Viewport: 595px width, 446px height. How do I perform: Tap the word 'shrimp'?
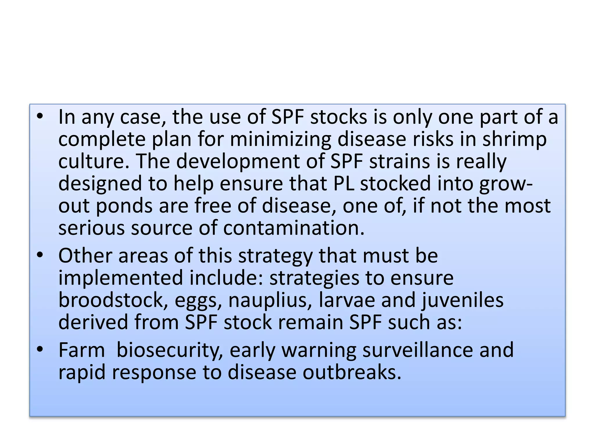point(515,139)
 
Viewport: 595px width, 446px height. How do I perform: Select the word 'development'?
point(238,161)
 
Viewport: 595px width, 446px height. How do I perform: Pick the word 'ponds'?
point(124,206)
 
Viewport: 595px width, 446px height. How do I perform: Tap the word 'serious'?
point(91,228)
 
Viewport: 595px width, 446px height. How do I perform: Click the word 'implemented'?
point(121,278)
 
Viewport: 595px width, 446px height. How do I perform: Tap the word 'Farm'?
point(81,350)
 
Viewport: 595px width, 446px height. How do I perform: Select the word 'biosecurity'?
point(169,350)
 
